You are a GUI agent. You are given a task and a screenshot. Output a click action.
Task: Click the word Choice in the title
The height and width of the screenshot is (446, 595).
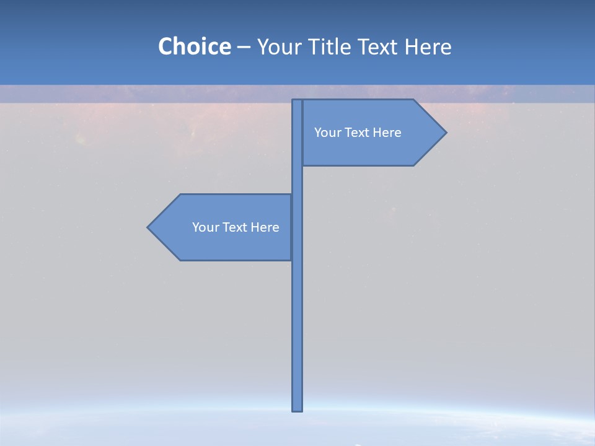pos(194,47)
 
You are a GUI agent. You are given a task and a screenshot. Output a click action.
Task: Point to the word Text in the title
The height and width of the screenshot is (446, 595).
pos(381,47)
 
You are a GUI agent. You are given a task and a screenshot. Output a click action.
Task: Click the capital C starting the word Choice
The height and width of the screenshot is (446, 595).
pos(166,47)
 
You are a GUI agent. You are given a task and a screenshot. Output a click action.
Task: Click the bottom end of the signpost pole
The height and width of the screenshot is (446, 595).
pos(297,408)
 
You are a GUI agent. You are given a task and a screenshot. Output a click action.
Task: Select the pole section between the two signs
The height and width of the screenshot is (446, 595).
pos(297,180)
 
